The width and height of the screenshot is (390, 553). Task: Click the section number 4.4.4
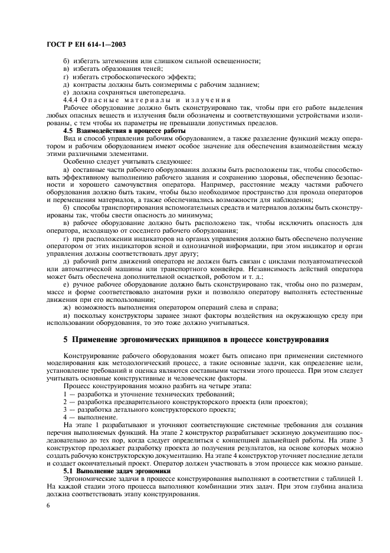71,99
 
